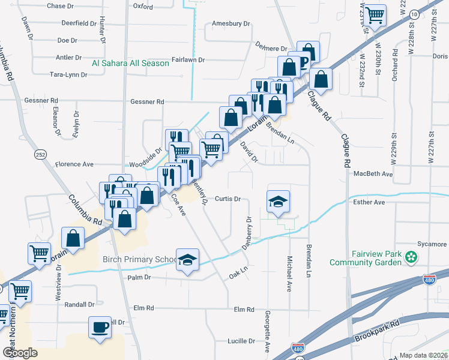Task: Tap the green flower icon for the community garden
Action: (x=411, y=258)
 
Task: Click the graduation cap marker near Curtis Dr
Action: (x=278, y=201)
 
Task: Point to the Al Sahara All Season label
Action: (x=130, y=63)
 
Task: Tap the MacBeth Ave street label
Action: (x=373, y=174)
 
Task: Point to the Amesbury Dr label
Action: (x=231, y=24)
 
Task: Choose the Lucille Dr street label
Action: (x=241, y=341)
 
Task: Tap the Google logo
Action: (x=20, y=353)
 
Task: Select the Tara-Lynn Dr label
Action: (x=68, y=75)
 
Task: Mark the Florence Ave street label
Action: (x=74, y=164)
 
